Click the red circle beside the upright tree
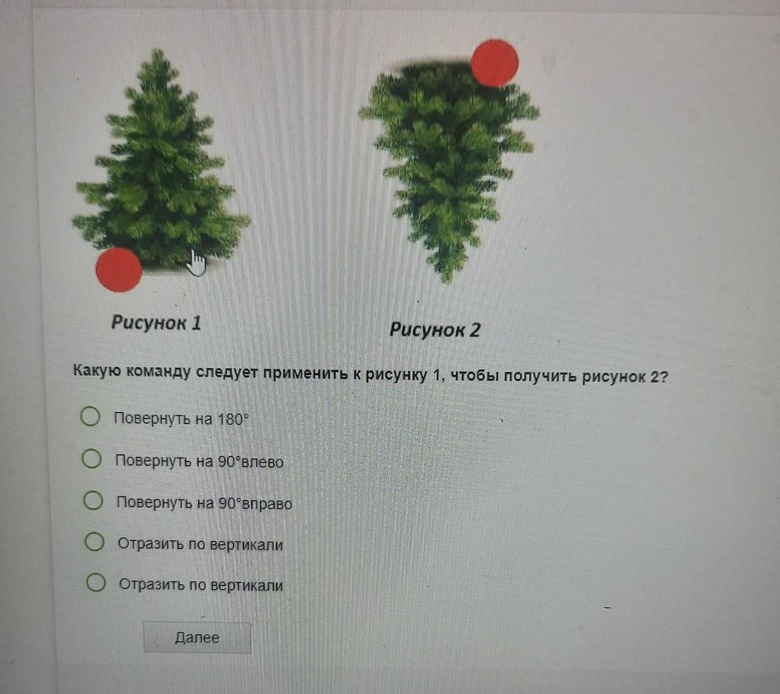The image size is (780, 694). point(119,270)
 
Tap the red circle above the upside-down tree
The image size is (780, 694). point(495,63)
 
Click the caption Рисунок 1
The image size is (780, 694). point(156,322)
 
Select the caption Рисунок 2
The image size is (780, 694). point(435,330)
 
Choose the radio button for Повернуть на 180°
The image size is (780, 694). point(90,416)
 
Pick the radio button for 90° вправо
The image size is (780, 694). point(93,501)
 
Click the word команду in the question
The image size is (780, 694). point(159,372)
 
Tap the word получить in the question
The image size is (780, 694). point(540,375)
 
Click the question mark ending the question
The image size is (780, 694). point(662,376)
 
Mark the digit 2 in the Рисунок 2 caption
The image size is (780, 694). point(475,330)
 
